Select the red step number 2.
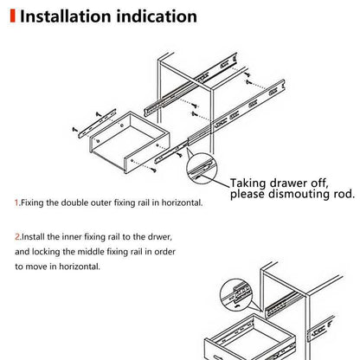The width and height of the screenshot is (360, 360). (x=16, y=235)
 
